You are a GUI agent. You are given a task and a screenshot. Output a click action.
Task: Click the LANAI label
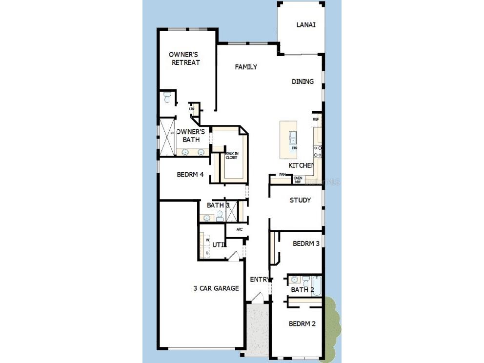click(306, 25)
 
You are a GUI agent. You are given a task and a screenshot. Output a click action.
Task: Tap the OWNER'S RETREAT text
click(185, 59)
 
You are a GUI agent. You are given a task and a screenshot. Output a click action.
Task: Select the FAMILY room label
click(246, 67)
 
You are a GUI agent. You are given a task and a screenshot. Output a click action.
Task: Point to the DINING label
click(302, 81)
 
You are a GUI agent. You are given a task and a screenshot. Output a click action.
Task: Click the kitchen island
click(288, 140)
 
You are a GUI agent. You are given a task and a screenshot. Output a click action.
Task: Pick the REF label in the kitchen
click(316, 119)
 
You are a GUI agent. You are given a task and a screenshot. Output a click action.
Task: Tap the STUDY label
click(300, 200)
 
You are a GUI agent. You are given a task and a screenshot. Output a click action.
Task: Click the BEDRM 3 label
click(306, 243)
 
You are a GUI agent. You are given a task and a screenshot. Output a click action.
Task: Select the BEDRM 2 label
click(302, 323)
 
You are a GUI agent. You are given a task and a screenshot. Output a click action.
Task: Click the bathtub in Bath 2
click(317, 286)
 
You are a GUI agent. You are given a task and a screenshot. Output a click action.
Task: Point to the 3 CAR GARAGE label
click(216, 288)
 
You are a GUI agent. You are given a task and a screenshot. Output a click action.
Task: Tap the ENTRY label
click(260, 280)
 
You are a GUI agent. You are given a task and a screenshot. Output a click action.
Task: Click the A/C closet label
click(240, 229)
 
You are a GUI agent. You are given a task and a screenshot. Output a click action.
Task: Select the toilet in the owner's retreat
click(167, 99)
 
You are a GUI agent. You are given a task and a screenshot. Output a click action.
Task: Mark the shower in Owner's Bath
click(167, 136)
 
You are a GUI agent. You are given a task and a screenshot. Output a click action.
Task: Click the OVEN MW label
click(298, 180)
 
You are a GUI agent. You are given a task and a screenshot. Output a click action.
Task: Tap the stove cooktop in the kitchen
click(318, 151)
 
